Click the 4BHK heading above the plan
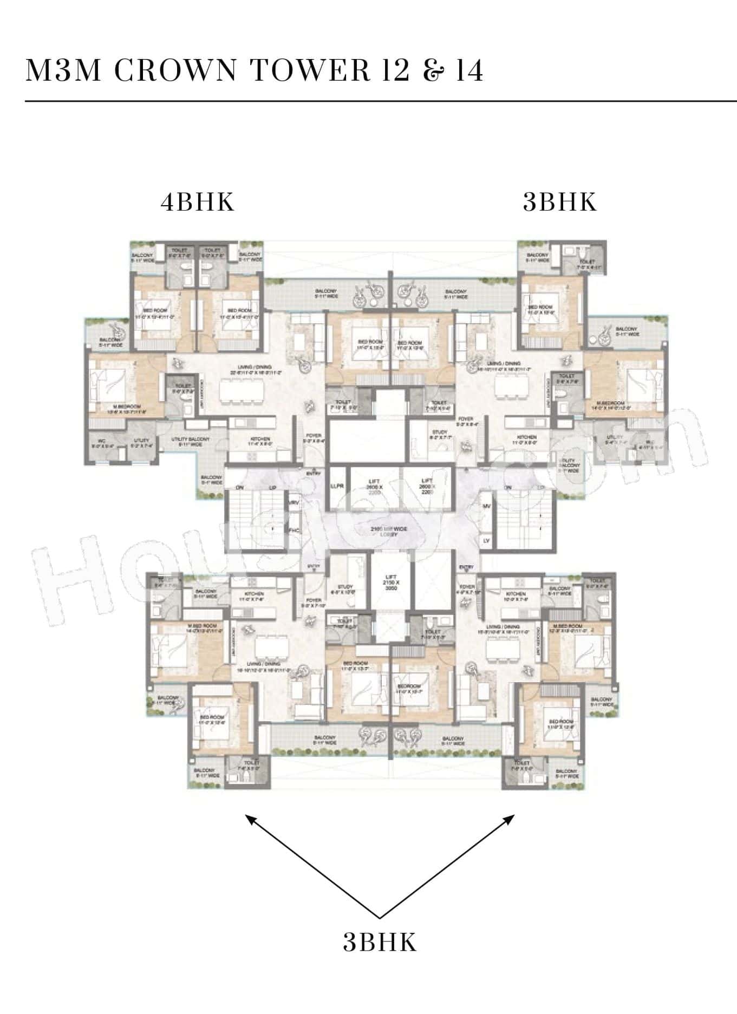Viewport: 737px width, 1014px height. pos(198,202)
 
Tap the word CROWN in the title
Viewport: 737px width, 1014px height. pos(175,70)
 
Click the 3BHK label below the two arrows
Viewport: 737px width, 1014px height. pos(380,943)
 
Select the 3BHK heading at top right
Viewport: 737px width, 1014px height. pos(560,202)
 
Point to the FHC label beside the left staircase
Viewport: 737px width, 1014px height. pos(295,531)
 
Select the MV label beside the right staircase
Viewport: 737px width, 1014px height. pos(486,506)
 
